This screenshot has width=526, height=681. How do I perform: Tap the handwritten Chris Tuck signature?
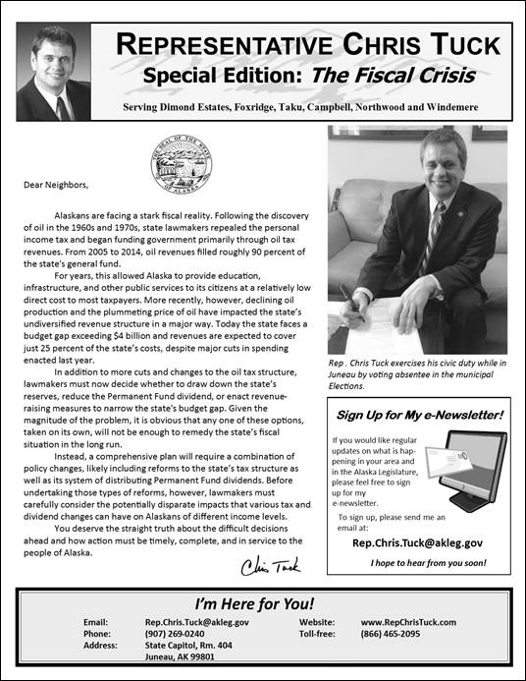pyautogui.click(x=264, y=566)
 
